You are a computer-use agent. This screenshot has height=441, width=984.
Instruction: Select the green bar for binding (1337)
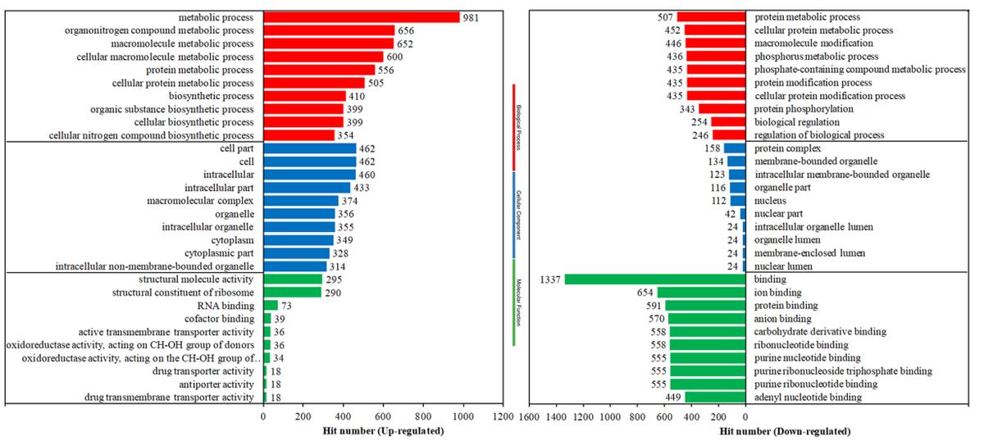pos(655,280)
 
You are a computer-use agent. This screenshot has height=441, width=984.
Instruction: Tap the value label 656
pos(405,30)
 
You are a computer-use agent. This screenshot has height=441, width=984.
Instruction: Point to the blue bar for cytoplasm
pos(298,240)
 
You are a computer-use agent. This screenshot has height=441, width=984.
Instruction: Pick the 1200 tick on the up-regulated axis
pos(503,416)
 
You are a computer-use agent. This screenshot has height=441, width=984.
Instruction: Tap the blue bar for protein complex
pos(735,148)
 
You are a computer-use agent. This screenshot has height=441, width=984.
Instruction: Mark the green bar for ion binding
pos(701,293)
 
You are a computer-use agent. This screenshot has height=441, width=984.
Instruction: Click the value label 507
pos(666,17)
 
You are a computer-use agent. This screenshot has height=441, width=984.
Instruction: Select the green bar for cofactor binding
pos(266,319)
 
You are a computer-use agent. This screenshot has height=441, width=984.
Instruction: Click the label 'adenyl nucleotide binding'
pos(808,398)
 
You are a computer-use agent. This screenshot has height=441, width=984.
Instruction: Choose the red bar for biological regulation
pos(728,122)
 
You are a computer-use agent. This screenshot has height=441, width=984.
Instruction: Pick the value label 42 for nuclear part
pos(730,214)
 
